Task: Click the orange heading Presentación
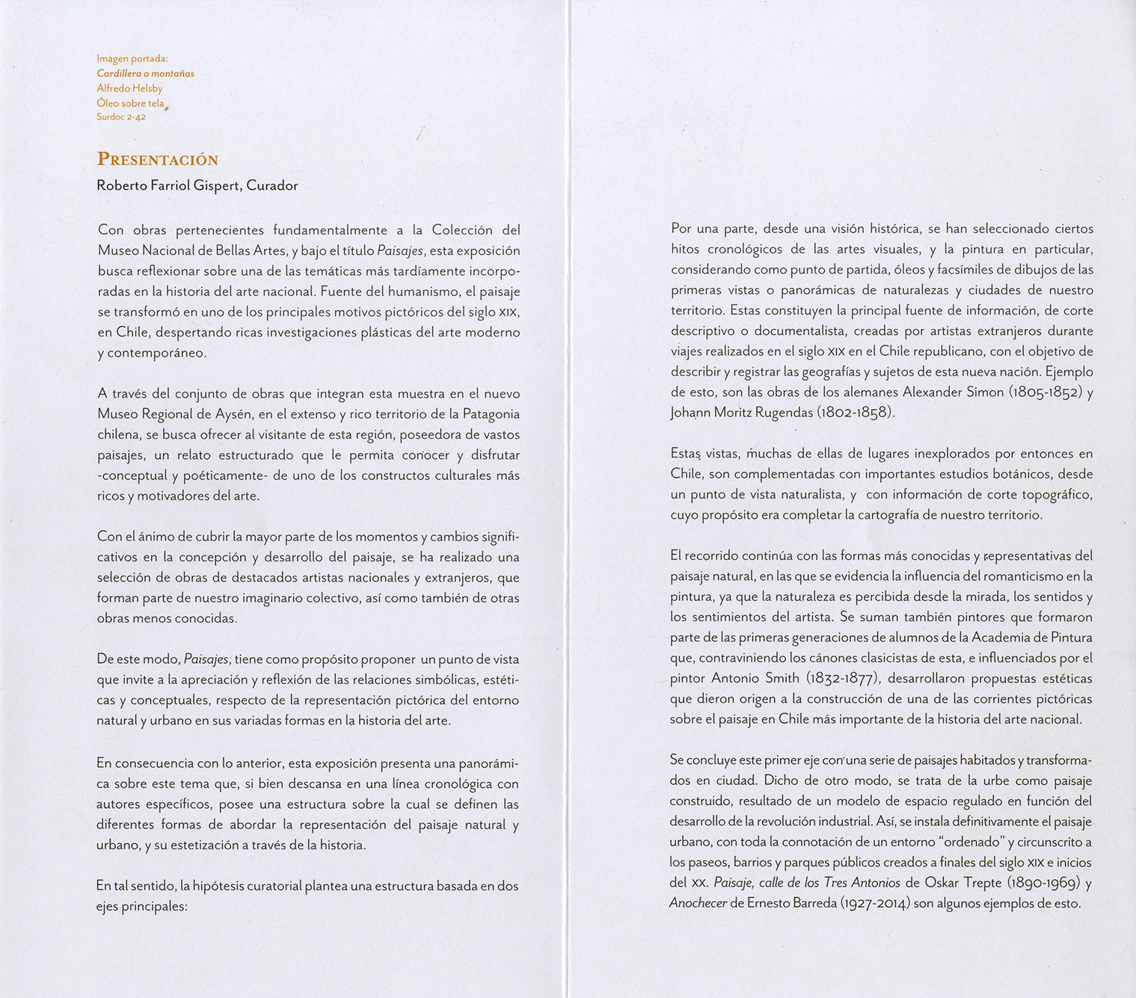pos(157,159)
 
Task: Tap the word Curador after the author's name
pos(272,185)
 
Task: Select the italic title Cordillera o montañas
pos(145,73)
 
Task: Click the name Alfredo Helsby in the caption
pos(129,88)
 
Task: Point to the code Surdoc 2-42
pos(121,117)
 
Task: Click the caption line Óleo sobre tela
pos(130,103)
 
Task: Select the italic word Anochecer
pos(698,903)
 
